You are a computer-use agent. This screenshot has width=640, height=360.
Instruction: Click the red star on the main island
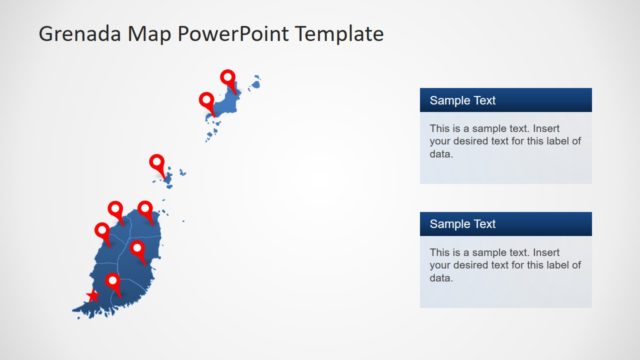(93, 295)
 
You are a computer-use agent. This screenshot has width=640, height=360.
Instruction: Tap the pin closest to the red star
(113, 282)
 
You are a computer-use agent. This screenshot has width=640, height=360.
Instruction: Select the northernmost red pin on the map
(228, 78)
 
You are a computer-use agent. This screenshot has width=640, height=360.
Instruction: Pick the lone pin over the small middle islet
(157, 162)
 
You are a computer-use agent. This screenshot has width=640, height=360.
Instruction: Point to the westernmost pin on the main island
(102, 231)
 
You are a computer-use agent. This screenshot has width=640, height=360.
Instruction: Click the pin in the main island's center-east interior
(137, 248)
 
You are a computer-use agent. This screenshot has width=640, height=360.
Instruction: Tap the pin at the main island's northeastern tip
(146, 209)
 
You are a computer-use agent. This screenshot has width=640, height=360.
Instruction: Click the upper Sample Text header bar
(505, 100)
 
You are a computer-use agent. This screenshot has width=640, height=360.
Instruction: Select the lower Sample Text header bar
(505, 224)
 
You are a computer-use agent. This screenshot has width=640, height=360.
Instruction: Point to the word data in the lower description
(441, 278)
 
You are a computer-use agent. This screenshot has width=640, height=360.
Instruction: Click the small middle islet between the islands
(167, 180)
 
